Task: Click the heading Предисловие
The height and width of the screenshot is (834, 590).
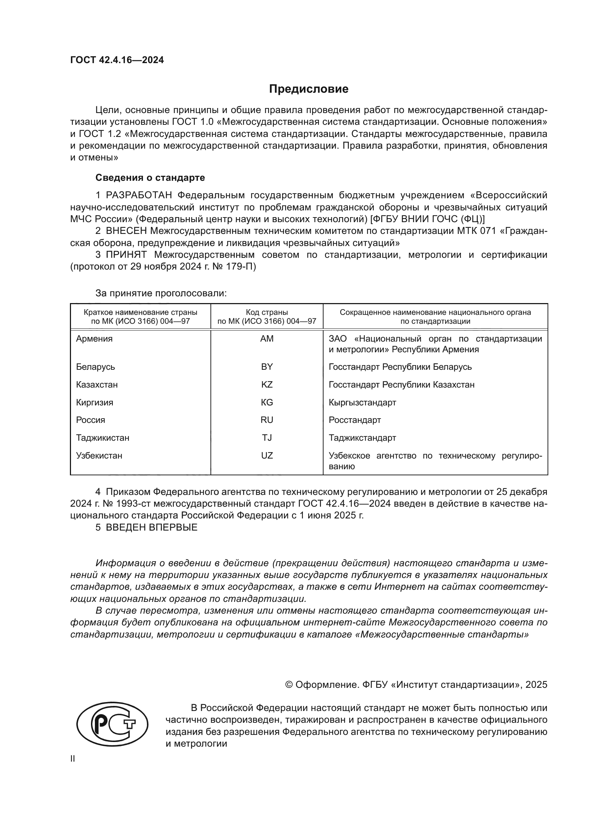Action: coord(309,89)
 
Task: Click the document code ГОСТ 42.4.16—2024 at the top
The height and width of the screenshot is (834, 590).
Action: coord(117,60)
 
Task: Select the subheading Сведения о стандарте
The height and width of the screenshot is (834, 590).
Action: coord(150,178)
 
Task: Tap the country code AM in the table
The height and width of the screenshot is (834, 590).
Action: coord(267,338)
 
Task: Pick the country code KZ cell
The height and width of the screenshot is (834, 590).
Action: coord(267,384)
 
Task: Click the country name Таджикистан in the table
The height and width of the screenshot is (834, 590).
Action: coord(102,438)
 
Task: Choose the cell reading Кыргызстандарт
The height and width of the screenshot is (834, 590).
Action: coord(362,403)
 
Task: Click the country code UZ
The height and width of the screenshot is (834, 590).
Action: coord(267,455)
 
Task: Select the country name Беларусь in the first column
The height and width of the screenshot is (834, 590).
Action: coord(95,367)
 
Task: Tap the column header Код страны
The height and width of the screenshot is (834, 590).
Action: coord(267,312)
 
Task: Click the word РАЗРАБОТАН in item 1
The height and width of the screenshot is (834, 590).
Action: coord(139,195)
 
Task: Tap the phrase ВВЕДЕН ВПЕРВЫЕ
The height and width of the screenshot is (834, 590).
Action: coord(152,527)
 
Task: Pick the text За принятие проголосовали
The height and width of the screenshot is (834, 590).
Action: coord(161,293)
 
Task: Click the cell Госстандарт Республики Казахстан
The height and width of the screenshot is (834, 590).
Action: coord(401,384)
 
